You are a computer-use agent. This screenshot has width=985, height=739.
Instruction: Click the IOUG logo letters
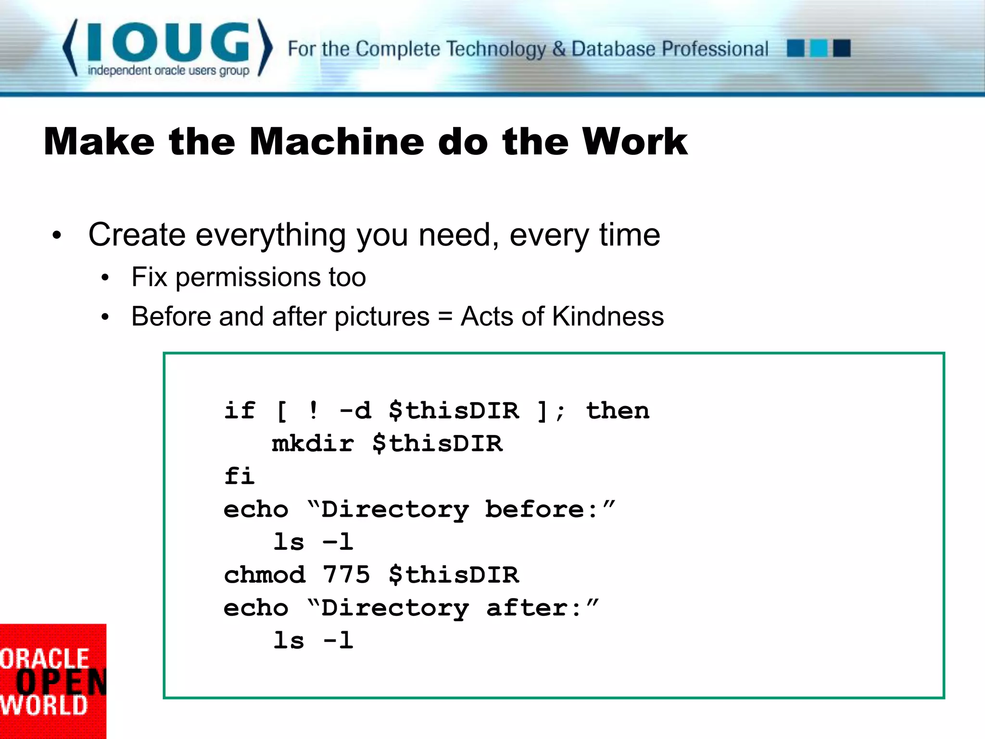pos(168,42)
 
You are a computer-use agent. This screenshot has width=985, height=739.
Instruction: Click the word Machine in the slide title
pos(337,142)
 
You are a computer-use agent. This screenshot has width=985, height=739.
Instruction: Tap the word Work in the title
pos(634,142)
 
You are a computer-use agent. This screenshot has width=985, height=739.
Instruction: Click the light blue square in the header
pos(819,49)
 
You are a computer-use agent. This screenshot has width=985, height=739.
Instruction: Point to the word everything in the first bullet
pos(270,235)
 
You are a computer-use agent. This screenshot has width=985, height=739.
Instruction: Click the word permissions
pos(249,278)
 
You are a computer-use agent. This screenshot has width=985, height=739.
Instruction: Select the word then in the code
pos(618,410)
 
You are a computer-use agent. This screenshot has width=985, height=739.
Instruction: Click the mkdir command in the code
pos(313,443)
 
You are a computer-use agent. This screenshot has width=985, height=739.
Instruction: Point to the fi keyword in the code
pos(239,476)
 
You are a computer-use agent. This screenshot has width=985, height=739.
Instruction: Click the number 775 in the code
pos(346,574)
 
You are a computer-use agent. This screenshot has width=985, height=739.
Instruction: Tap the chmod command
pos(265,574)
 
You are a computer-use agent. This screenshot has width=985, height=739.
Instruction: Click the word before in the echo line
pos(535,509)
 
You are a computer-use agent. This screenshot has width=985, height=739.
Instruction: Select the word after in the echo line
pos(528,608)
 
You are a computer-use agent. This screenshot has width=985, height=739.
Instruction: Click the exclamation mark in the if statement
pos(314,410)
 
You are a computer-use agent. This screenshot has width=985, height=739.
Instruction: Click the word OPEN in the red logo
pos(60,682)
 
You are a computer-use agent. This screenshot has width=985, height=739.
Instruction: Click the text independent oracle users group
pos(168,71)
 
